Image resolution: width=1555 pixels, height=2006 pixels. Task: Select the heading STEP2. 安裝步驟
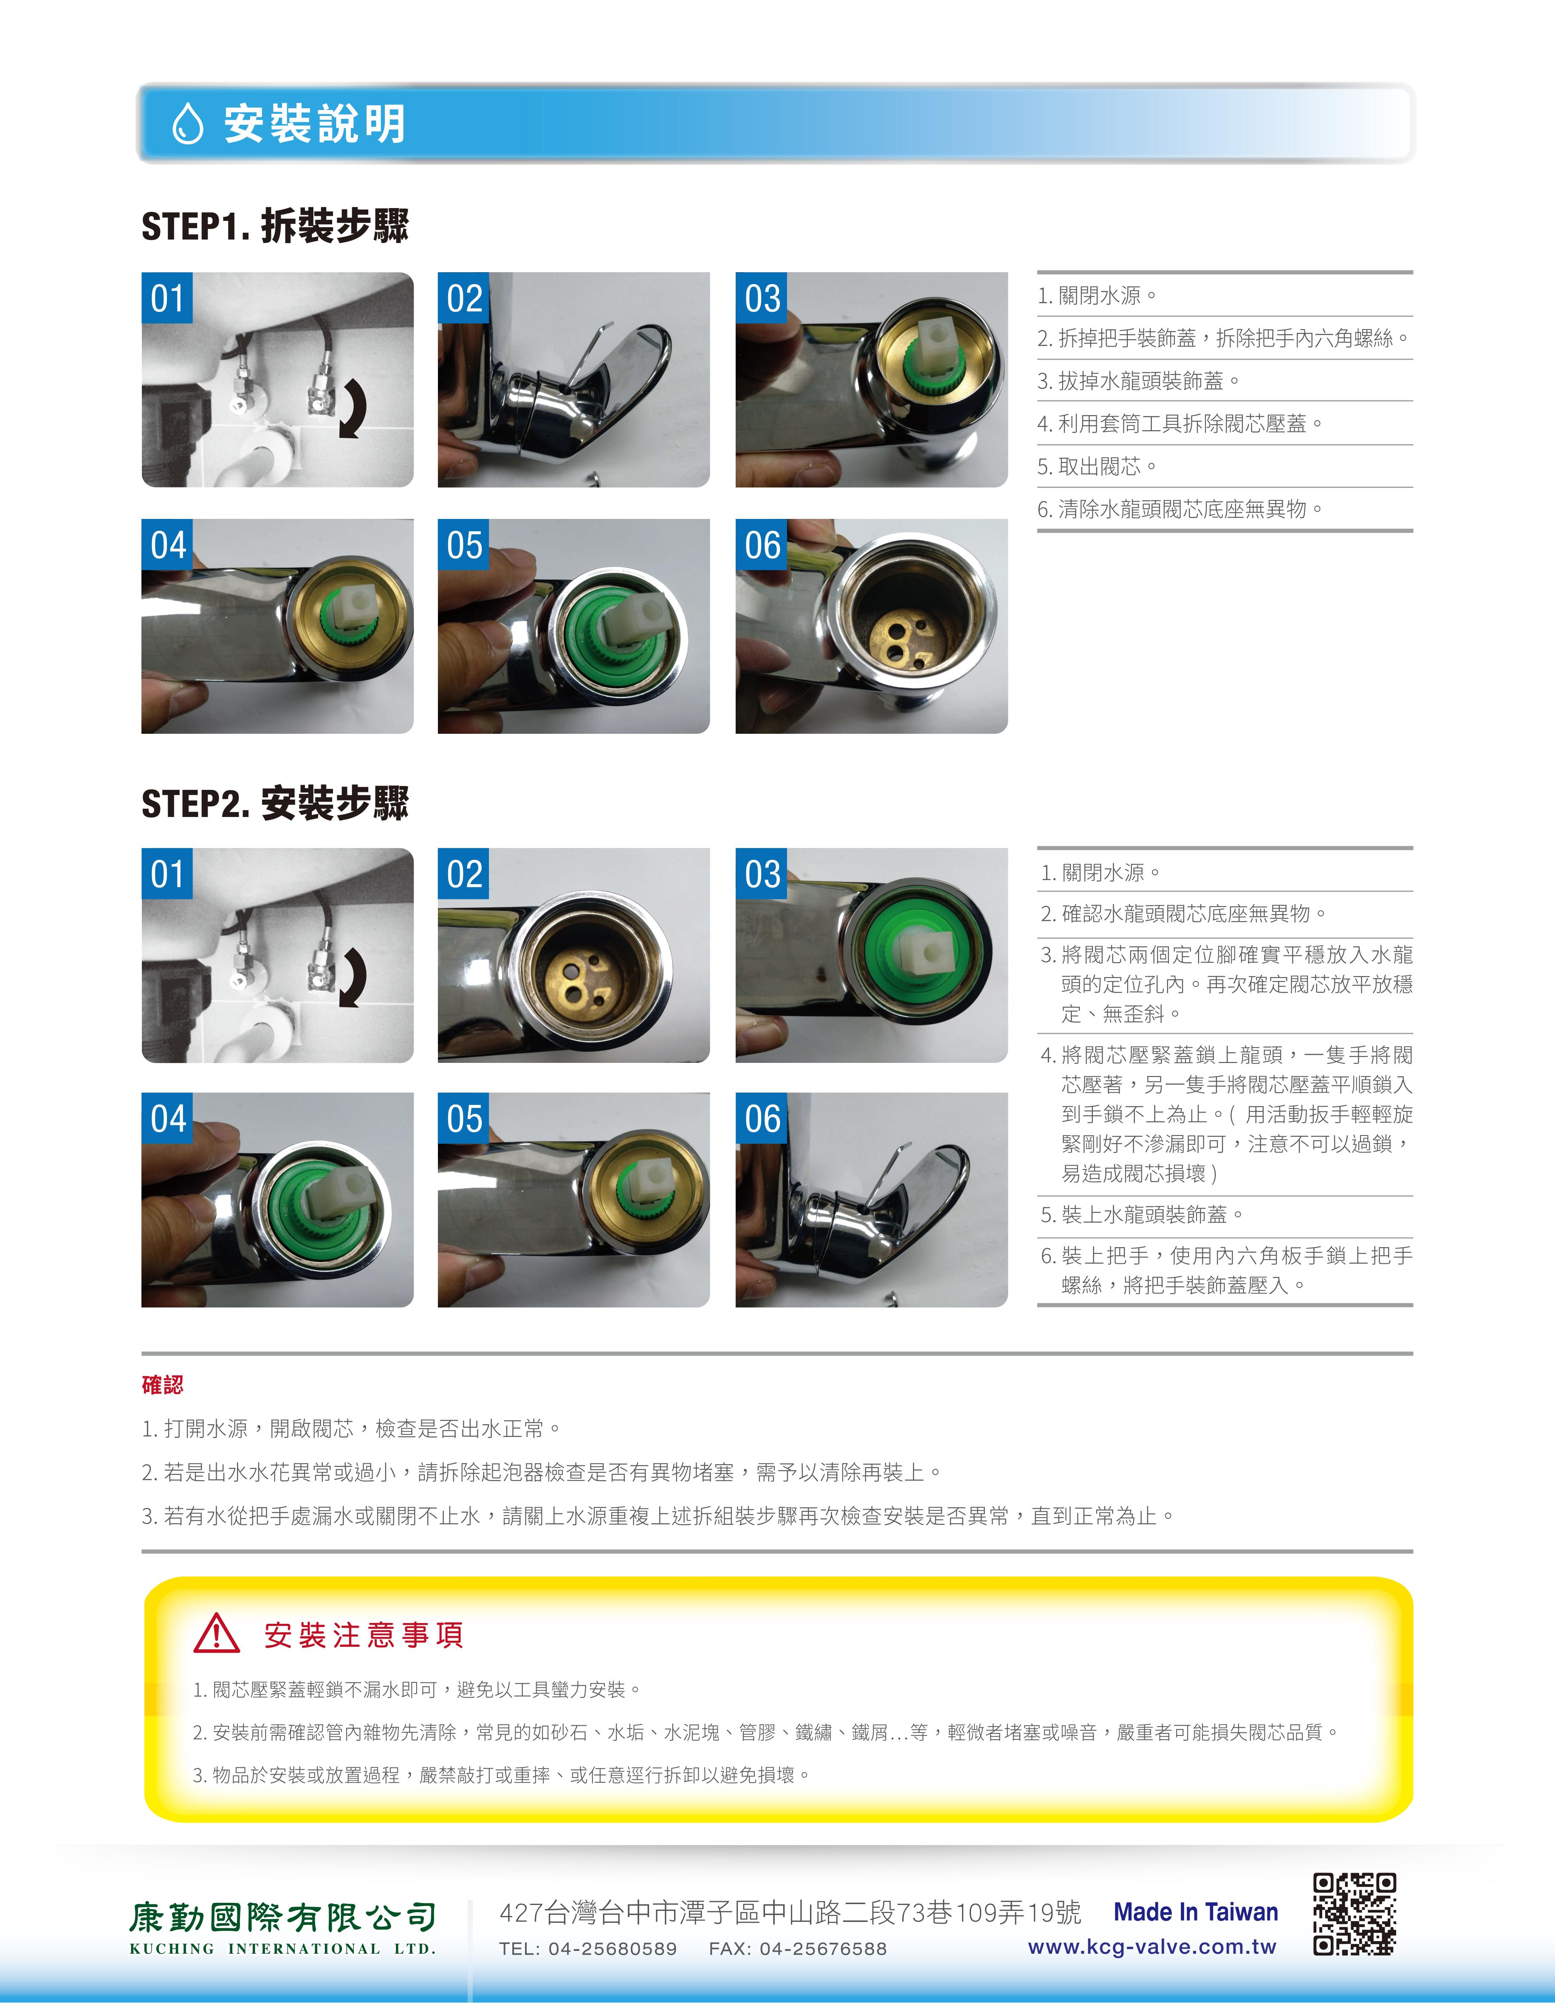[275, 803]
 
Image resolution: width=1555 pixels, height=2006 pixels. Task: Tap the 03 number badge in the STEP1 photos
[762, 298]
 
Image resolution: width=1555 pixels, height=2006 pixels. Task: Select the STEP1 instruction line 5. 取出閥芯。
[1097, 467]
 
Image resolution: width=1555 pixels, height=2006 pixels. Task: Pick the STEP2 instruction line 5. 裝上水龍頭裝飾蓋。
[1142, 1214]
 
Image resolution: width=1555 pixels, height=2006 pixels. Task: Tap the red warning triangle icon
[217, 1634]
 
